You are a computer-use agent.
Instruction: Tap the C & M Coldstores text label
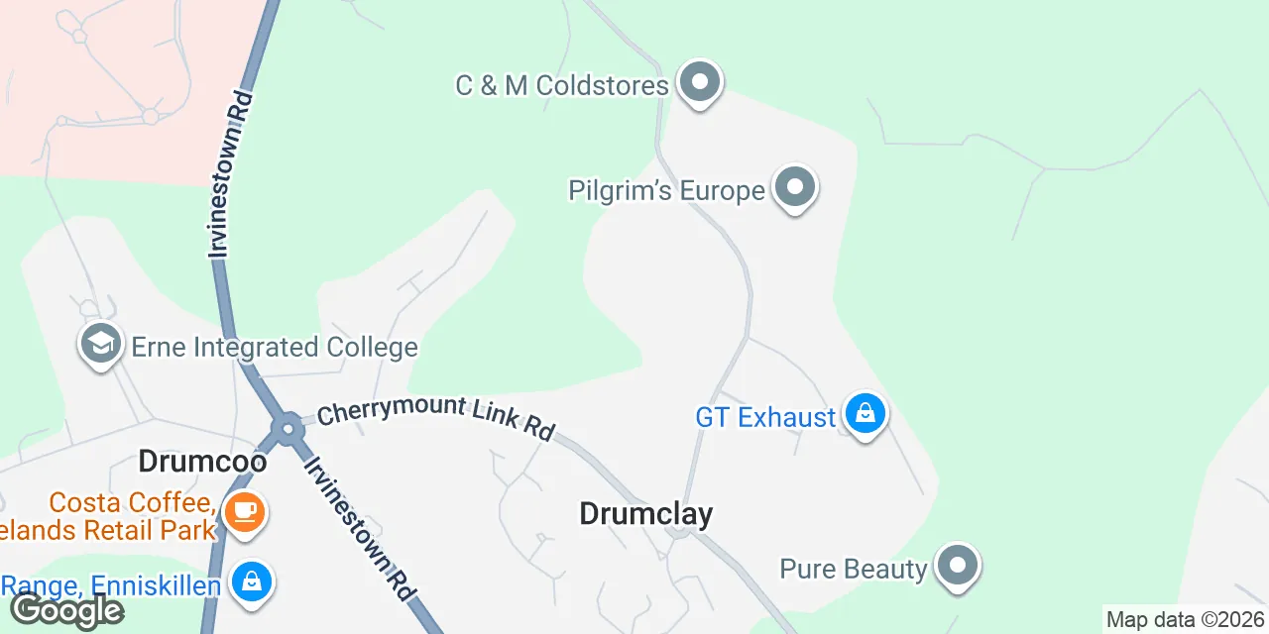[561, 85]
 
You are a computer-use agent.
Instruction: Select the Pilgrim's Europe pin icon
[794, 187]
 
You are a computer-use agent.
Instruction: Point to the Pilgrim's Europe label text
[666, 190]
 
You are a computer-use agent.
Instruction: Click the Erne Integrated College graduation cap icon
[100, 345]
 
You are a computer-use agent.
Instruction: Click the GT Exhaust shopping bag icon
[865, 415]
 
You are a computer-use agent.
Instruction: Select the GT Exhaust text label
[765, 417]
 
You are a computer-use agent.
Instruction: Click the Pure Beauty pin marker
[957, 567]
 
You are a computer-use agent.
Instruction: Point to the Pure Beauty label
[853, 569]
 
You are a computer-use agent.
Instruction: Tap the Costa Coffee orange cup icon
[244, 512]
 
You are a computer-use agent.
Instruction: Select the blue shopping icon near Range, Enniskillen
[252, 581]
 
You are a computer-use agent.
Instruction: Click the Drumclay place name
[645, 513]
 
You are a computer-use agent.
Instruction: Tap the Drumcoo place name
[202, 461]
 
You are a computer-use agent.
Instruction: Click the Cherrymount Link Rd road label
[435, 418]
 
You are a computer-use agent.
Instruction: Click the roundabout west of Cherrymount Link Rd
[288, 429]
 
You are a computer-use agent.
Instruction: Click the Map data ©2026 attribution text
[1185, 620]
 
